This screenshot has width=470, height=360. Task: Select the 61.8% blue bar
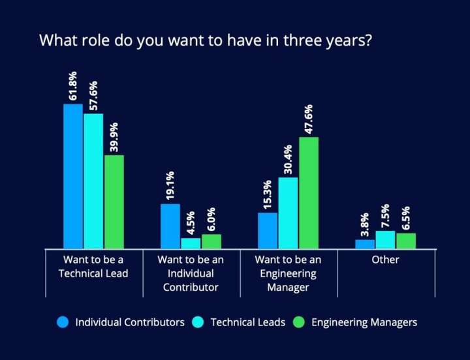point(73,176)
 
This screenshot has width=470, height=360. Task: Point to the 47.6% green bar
point(308,192)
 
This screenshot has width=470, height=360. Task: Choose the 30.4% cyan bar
point(288,213)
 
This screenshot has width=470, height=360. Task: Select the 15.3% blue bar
point(268,230)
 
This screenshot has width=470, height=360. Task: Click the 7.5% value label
point(385,215)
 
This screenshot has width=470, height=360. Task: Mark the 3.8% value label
point(365,224)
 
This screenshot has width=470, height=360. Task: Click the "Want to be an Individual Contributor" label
point(191,273)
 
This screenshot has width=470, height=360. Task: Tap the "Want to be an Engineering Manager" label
point(288,273)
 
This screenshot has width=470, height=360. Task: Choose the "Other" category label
point(385,260)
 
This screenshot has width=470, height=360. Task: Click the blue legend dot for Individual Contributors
point(63,322)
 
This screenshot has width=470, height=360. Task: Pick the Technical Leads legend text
point(247,322)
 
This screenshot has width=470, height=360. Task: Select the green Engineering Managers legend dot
point(300,322)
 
